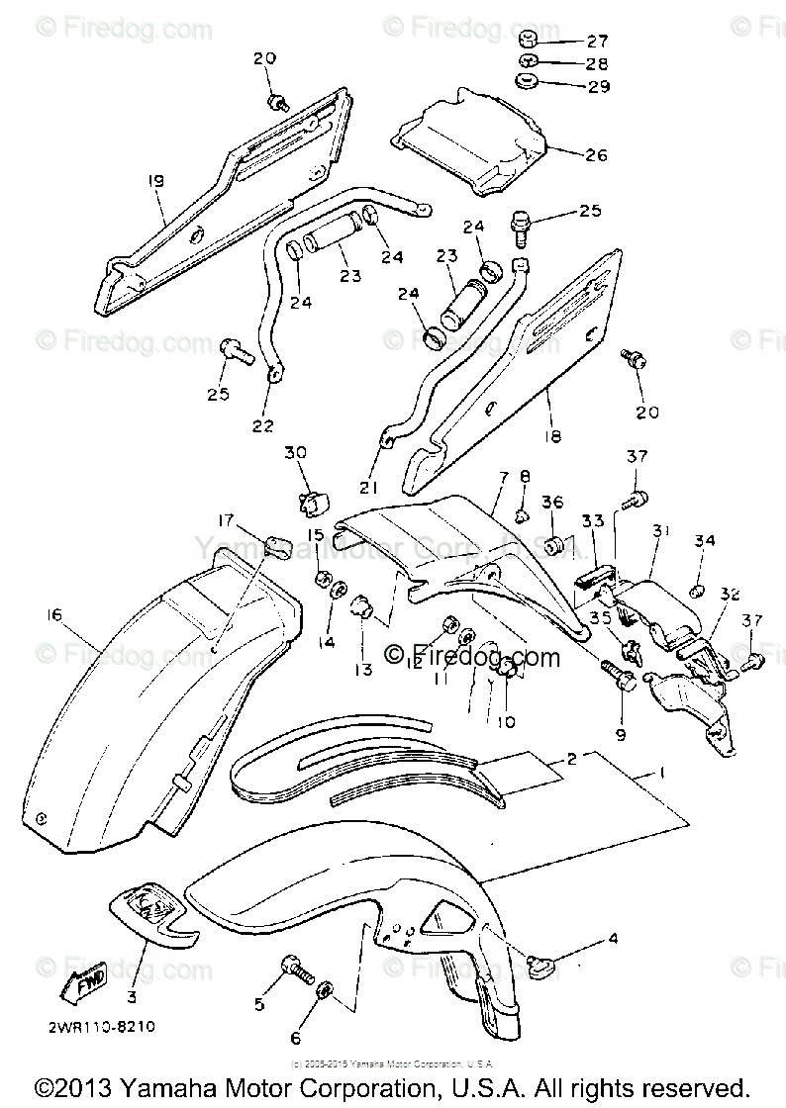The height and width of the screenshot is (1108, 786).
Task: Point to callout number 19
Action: coord(156,180)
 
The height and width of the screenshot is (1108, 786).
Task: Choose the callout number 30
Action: coord(296,452)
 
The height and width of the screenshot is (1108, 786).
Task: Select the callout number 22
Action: coord(262,425)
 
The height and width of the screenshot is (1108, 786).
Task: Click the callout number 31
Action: coord(661,532)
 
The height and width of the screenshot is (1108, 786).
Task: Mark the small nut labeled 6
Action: coord(328,990)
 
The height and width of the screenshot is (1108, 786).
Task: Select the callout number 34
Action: coord(704,541)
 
